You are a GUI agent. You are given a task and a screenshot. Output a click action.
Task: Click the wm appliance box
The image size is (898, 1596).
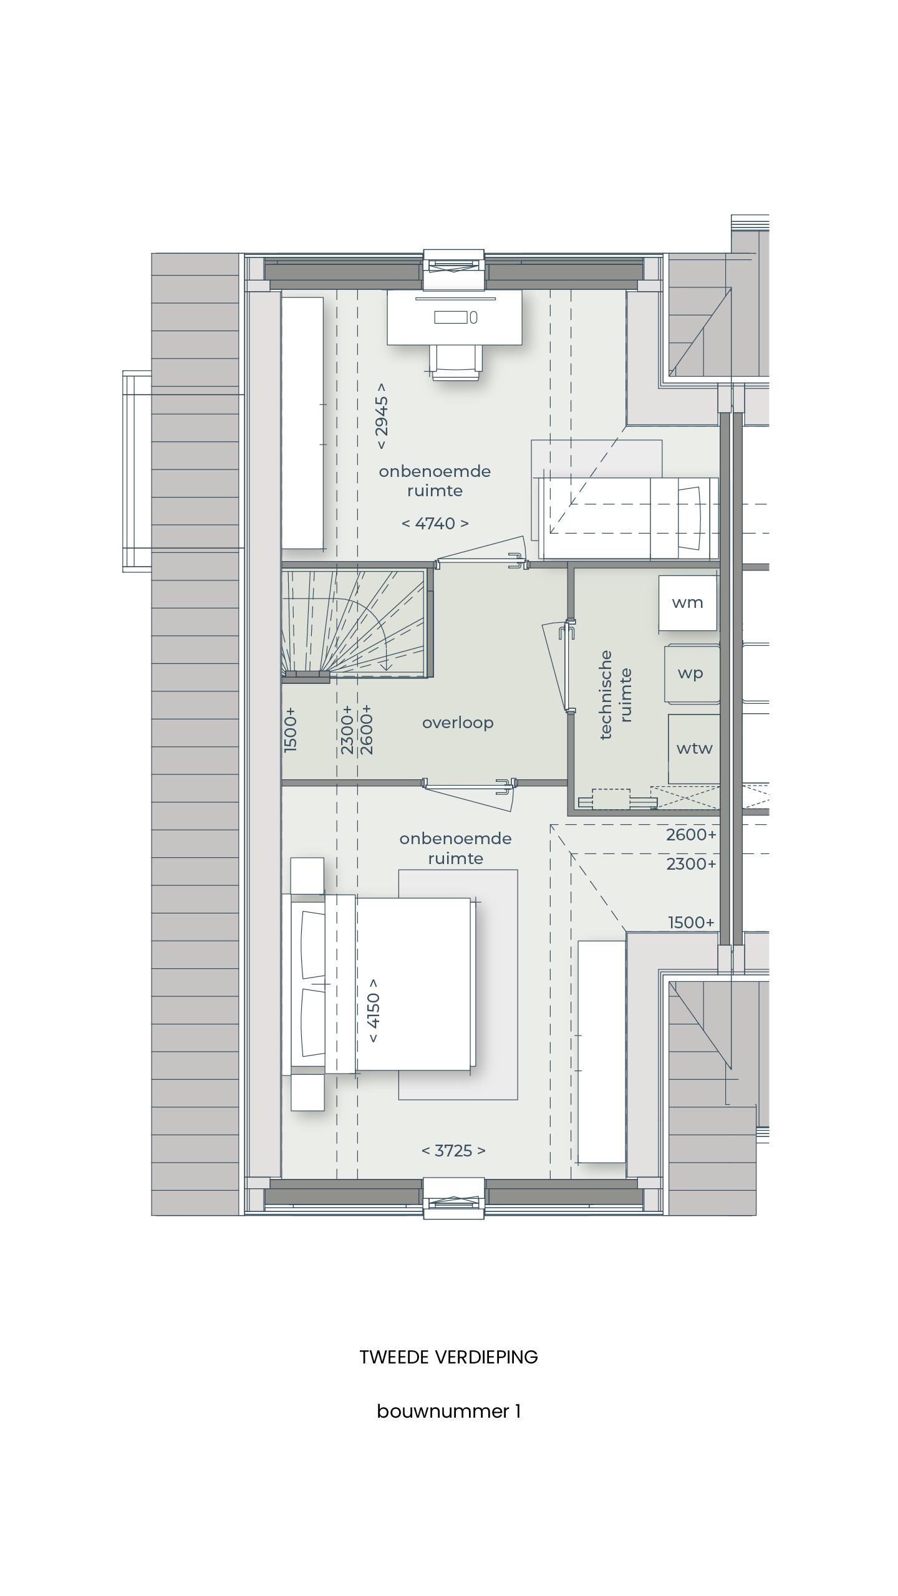pyautogui.click(x=688, y=603)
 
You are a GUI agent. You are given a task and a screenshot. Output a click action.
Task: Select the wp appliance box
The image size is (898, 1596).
pyautogui.click(x=691, y=674)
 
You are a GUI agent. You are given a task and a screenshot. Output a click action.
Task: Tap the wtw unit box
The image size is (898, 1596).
pyautogui.click(x=694, y=748)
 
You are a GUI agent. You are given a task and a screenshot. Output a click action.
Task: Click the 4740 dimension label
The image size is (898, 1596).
pyautogui.click(x=435, y=523)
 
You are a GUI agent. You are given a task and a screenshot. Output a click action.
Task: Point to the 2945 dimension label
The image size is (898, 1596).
pyautogui.click(x=382, y=423)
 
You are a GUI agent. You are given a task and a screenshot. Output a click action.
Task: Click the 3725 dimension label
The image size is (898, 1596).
pyautogui.click(x=453, y=1150)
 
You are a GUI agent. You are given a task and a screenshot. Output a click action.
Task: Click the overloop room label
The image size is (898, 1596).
pyautogui.click(x=458, y=723)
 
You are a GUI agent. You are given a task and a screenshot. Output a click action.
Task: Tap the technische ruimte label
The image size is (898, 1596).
pyautogui.click(x=616, y=695)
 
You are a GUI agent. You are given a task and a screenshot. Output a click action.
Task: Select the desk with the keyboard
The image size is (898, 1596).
pyautogui.click(x=455, y=318)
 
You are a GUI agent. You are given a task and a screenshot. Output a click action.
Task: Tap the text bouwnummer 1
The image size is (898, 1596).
pyautogui.click(x=448, y=1411)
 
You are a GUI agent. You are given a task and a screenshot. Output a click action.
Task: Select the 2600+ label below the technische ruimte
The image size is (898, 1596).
pyautogui.click(x=691, y=835)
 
